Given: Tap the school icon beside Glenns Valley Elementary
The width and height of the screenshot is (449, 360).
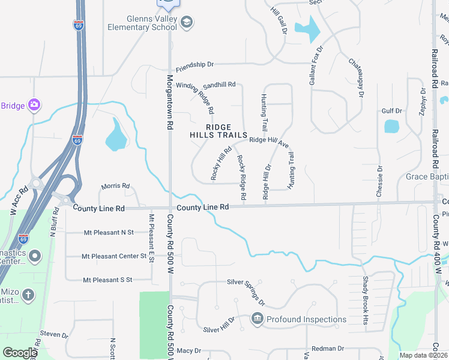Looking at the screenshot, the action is [187, 22].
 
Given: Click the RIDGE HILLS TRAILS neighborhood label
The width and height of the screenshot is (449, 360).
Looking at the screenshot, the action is [218, 131].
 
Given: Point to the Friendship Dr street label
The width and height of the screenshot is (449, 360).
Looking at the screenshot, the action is [194, 64].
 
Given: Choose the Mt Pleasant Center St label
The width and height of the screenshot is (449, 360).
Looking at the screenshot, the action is [115, 256].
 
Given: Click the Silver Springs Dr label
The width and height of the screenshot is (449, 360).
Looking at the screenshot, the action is [250, 289].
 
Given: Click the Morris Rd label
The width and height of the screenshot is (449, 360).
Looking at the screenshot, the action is [115, 187].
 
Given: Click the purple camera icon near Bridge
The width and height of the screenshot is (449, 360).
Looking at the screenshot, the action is [34, 106].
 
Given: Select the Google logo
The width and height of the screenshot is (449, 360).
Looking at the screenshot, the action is [19, 353].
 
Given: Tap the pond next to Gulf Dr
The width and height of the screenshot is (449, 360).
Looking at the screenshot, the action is [391, 126].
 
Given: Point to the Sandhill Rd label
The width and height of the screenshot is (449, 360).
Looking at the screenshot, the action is [218, 85].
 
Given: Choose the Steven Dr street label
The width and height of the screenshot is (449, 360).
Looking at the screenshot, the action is [55, 334].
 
